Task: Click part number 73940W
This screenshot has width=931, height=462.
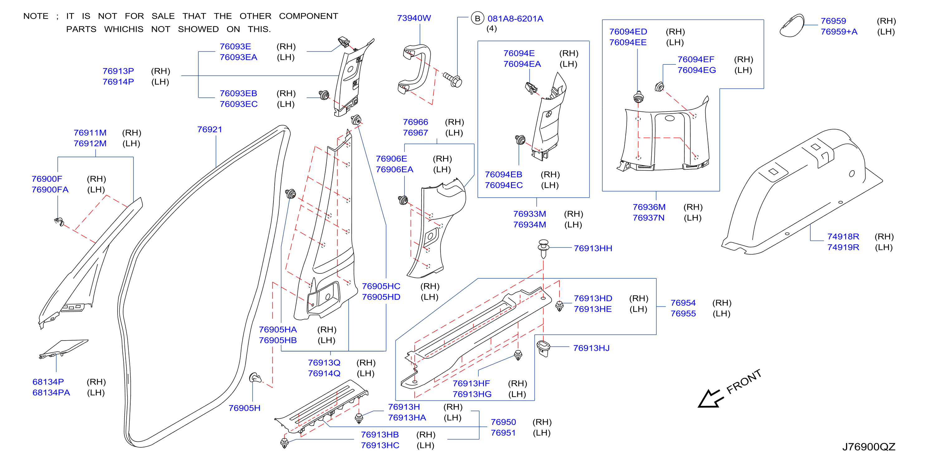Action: point(414,18)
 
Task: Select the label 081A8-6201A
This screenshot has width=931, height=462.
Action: point(515,19)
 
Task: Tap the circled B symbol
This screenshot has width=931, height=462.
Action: point(477,18)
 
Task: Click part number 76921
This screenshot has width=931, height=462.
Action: point(210,130)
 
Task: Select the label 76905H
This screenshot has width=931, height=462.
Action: point(244,408)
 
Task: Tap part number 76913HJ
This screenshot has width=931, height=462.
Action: point(591,348)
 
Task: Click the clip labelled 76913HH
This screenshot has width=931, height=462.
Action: point(543,249)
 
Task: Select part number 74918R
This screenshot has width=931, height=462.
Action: point(843,237)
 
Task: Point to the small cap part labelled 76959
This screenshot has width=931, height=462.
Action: point(792,26)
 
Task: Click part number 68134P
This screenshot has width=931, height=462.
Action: point(48,382)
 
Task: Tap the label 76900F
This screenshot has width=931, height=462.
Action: point(47,179)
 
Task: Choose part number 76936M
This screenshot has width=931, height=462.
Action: point(649,207)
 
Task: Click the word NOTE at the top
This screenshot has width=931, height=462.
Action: point(36,16)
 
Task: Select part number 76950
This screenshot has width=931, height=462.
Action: point(503,422)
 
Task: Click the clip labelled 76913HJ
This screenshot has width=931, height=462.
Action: point(543,348)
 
